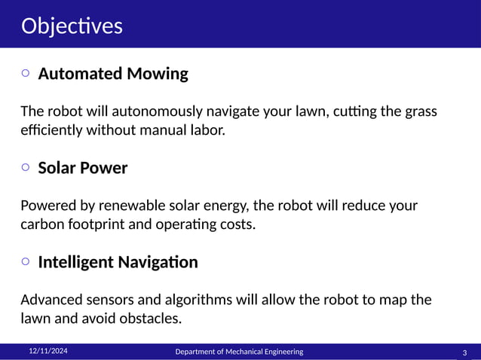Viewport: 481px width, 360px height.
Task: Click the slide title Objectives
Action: pyautogui.click(x=72, y=26)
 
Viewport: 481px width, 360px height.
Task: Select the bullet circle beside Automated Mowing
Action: pyautogui.click(x=26, y=73)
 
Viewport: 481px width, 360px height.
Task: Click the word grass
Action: pyautogui.click(x=418, y=111)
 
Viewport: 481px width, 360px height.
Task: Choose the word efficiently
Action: pyautogui.click(x=50, y=130)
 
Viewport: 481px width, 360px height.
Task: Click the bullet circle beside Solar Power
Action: pyautogui.click(x=26, y=167)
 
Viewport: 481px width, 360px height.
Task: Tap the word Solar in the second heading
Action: pyautogui.click(x=57, y=168)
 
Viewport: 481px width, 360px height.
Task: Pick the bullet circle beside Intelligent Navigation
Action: pyautogui.click(x=26, y=261)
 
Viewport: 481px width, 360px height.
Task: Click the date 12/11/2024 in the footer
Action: pyautogui.click(x=47, y=351)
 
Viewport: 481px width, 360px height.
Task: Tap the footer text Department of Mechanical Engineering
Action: pyautogui.click(x=239, y=352)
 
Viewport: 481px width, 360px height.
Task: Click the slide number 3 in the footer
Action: pyautogui.click(x=464, y=352)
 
